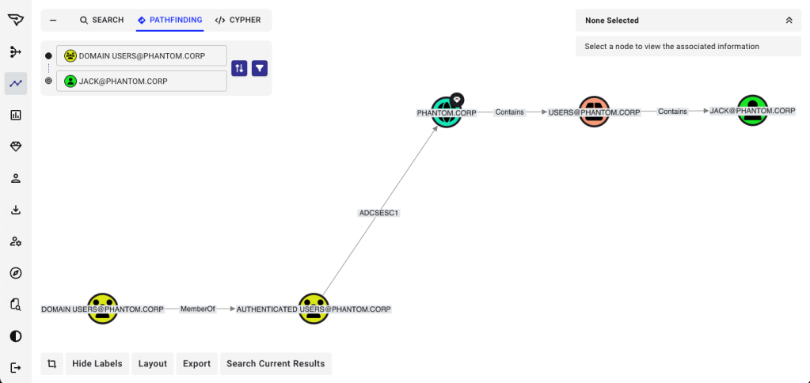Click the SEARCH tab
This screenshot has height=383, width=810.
102,20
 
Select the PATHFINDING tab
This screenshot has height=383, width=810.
169,20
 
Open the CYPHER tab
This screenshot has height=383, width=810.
238,20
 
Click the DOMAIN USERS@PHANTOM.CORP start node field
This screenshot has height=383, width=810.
142,56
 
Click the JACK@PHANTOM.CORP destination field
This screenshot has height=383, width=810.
142,81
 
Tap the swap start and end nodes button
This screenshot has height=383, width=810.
239,68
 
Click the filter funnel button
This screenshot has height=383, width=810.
260,68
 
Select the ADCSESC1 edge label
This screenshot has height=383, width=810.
378,213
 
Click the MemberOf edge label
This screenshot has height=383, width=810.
198,309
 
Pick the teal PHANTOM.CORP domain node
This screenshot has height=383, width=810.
447,112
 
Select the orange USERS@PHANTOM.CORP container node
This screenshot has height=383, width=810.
594,112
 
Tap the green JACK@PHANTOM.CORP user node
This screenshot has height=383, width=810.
752,111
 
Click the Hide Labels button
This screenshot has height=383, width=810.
97,364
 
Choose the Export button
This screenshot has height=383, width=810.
196,364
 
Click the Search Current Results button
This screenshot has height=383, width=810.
276,364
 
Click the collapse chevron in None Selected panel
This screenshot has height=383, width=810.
789,21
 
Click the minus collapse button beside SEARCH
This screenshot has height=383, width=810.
53,20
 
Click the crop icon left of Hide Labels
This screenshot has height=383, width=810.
51,364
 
